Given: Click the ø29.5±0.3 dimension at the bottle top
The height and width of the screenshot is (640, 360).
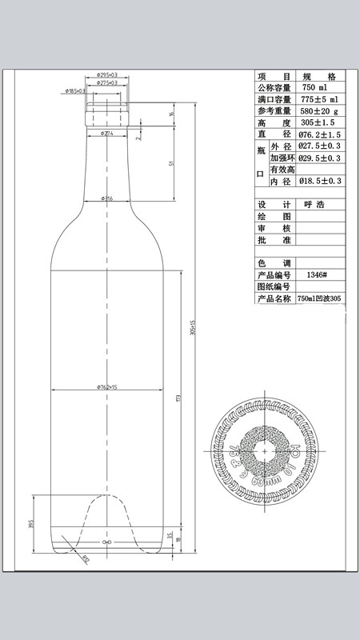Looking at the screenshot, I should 107,74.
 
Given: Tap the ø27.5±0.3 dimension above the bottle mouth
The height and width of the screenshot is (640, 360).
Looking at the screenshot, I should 107,82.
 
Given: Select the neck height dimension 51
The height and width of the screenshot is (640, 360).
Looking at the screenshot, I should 172,163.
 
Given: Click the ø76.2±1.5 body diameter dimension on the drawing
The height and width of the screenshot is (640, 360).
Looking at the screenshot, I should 107,386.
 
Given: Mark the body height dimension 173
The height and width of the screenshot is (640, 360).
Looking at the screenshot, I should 178,398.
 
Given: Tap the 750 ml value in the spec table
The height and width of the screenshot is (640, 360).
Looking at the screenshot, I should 314,87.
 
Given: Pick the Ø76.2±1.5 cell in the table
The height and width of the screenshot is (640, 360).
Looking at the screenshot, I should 319,135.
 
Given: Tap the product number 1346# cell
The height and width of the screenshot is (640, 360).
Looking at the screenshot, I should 317,274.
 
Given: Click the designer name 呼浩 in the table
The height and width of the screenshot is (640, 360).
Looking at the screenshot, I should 314,204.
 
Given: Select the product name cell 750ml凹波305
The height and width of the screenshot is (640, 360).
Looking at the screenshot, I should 319,298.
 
